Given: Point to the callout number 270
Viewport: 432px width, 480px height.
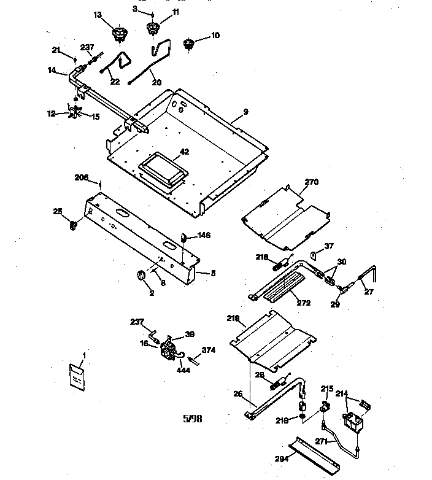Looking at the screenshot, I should pyautogui.click(x=312, y=182).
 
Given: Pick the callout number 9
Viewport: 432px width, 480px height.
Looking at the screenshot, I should pyautogui.click(x=245, y=112).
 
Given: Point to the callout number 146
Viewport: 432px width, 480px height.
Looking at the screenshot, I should pyautogui.click(x=204, y=235).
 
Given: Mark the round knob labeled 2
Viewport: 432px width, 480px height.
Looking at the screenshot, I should pyautogui.click(x=141, y=276).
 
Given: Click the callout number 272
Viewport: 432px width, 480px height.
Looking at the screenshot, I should pyautogui.click(x=303, y=303).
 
